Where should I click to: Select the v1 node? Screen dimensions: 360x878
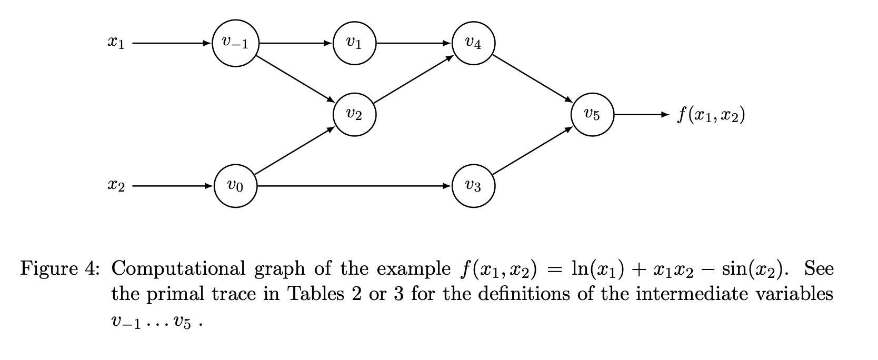[x=354, y=43]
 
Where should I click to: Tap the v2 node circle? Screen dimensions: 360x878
[x=354, y=114]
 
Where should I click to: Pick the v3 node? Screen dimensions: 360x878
[x=473, y=186]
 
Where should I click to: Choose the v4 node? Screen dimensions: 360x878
[x=473, y=43]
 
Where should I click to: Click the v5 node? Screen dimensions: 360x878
[x=592, y=114]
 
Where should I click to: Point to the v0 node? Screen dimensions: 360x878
[x=235, y=186]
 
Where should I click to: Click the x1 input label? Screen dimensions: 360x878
[x=115, y=44]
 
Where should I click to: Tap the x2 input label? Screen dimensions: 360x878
[x=115, y=186]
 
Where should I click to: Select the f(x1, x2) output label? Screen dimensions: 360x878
[x=711, y=114]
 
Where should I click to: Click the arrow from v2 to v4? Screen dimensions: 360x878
[x=414, y=78]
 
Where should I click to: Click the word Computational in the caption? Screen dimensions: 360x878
[x=178, y=269]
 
